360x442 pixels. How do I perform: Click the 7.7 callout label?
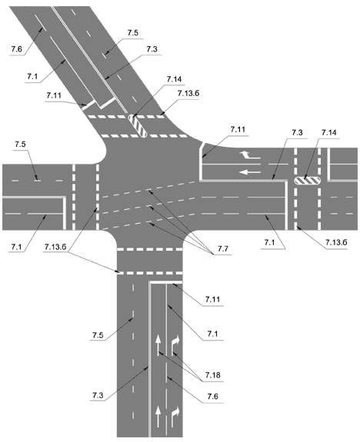pyautogui.click(x=222, y=249)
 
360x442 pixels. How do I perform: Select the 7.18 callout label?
pyautogui.click(x=212, y=375)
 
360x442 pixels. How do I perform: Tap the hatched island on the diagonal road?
pyautogui.click(x=138, y=126)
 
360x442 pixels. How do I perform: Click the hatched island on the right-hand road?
pyautogui.click(x=308, y=181)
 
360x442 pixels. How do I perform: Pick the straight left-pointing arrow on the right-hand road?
pyautogui.click(x=250, y=171)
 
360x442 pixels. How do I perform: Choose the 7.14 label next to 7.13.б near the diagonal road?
pyautogui.click(x=174, y=79)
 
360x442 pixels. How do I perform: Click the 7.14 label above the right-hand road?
pyautogui.click(x=329, y=132)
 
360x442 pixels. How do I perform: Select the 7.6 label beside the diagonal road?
pyautogui.click(x=16, y=49)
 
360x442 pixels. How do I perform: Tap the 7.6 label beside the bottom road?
pyautogui.click(x=212, y=397)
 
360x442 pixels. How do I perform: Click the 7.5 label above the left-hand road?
pyautogui.click(x=20, y=144)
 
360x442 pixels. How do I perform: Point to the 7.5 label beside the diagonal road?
pyautogui.click(x=132, y=33)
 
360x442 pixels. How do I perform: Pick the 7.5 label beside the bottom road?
pyautogui.click(x=98, y=335)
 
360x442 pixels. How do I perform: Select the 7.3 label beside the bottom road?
pyautogui.click(x=98, y=395)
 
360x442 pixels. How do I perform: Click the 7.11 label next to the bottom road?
pyautogui.click(x=212, y=299)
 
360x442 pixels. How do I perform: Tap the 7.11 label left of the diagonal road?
pyautogui.click(x=54, y=95)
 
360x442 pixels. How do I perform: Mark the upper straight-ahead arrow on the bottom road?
pyautogui.click(x=158, y=344)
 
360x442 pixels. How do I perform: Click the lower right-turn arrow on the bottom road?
pyautogui.click(x=175, y=416)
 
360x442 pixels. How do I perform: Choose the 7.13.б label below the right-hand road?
pyautogui.click(x=336, y=242)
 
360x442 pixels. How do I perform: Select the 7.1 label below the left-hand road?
pyautogui.click(x=16, y=247)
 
